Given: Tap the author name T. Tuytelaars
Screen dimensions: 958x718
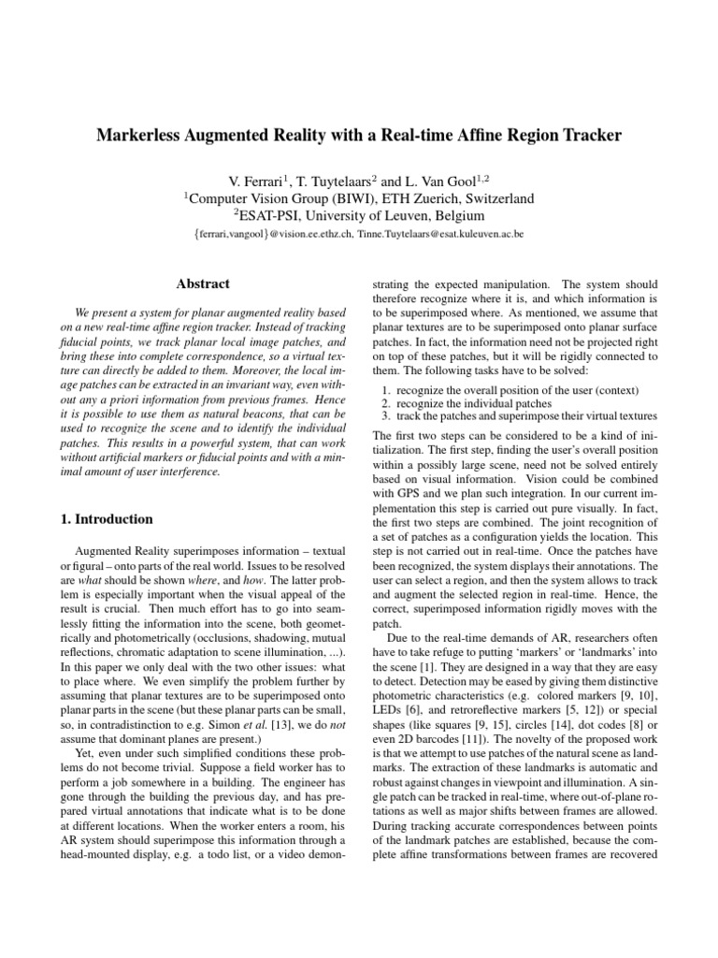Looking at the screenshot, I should [352, 180].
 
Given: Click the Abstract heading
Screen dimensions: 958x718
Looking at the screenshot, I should [203, 283].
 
